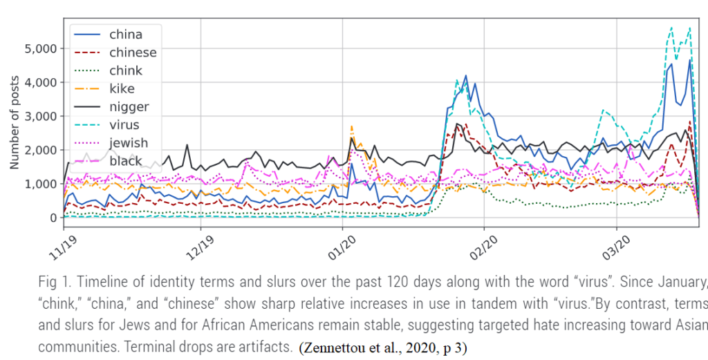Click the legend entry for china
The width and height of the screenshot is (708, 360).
(125, 35)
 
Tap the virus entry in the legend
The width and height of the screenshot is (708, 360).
(124, 125)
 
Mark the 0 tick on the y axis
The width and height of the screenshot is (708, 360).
(53, 218)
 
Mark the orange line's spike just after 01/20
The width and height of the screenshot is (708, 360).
(352, 127)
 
